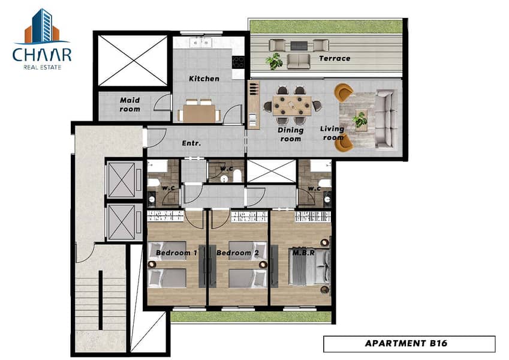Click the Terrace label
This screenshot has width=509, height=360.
pos(334,59)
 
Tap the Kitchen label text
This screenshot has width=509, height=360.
pos(204,79)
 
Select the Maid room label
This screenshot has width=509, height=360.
pos(129,104)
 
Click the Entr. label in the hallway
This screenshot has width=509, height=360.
pos(191,144)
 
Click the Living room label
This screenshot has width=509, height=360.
pos(332,133)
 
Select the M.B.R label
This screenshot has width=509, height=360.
pos(301,253)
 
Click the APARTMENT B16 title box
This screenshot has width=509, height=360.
pos(409,344)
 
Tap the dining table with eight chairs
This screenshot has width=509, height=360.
pos(292,106)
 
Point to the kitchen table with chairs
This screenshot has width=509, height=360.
pos(198,112)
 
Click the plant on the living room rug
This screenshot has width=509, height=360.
pos(360,119)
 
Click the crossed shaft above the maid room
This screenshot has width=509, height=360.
pos(132,61)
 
